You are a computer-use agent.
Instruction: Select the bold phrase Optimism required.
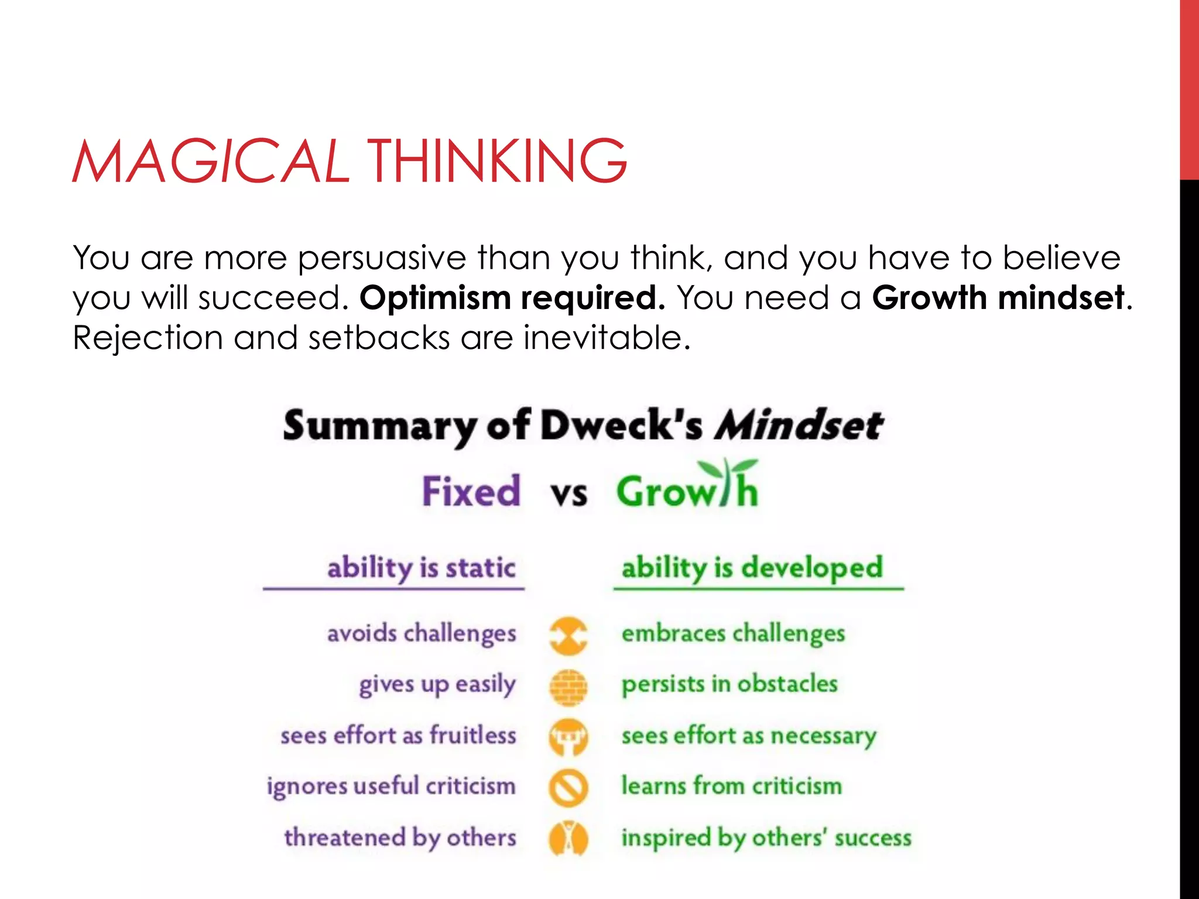(512, 298)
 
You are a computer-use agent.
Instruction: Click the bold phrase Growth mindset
(998, 298)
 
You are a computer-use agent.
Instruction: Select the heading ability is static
(421, 568)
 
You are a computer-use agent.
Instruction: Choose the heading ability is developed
(752, 568)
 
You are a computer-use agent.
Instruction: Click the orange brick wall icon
(568, 687)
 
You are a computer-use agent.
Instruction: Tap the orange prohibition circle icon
(568, 787)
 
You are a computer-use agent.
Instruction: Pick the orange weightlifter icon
(568, 737)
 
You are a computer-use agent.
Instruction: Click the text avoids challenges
(422, 634)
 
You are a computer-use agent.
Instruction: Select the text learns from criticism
(731, 786)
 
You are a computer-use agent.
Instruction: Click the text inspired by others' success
(766, 838)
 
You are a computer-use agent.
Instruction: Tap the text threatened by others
(400, 838)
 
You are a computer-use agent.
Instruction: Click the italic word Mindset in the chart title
(799, 426)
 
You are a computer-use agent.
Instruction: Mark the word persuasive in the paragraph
(381, 258)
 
